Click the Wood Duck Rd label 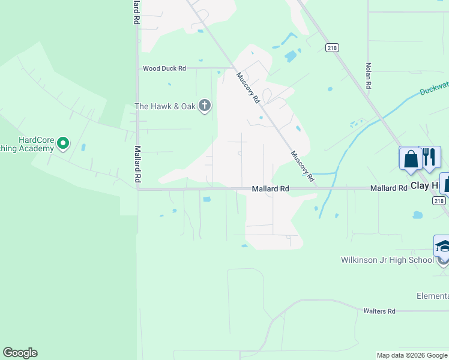164,69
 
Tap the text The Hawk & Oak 165,106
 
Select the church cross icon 205,106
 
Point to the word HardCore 37,140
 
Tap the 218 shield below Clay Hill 439,201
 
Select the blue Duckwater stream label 433,89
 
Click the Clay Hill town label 429,186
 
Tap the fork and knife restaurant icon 429,157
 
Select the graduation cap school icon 443,247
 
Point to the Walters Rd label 379,311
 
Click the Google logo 20,353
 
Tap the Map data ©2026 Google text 412,355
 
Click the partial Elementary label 433,296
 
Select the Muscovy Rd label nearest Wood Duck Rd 247,87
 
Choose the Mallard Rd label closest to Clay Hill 388,188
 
